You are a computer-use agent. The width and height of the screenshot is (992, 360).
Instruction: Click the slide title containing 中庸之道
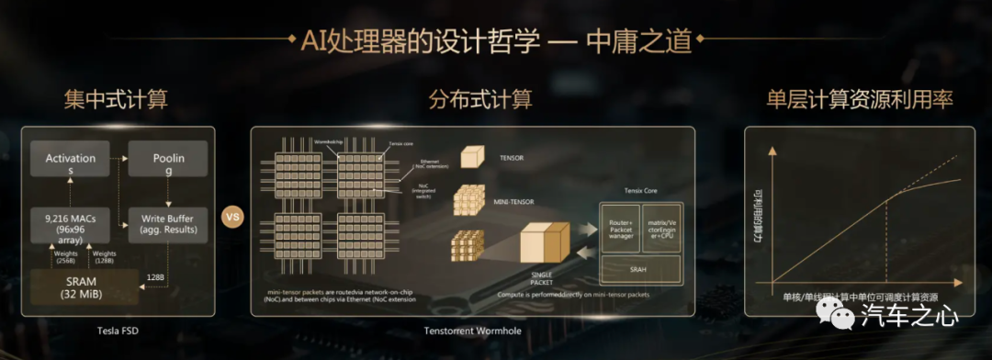495,41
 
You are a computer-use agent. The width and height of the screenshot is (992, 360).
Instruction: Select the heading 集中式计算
116,98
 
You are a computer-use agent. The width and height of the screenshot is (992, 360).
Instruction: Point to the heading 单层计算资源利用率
859,98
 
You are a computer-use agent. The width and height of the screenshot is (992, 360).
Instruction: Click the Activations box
71,164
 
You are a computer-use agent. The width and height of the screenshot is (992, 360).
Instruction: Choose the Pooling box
168,164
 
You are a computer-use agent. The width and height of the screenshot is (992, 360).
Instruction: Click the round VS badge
232,219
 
